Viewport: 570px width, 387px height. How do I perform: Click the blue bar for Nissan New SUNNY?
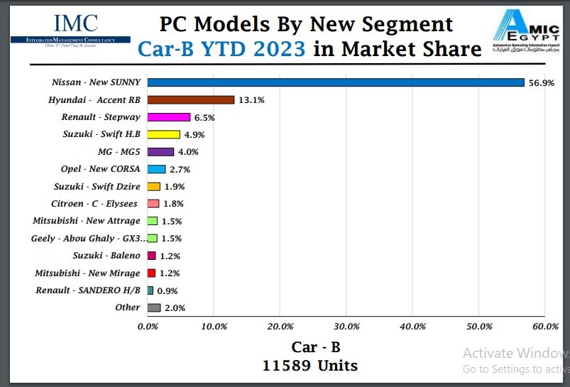(x=335, y=82)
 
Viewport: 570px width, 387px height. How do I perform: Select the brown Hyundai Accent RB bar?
(x=190, y=100)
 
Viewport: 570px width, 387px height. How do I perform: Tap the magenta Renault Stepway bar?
(x=169, y=117)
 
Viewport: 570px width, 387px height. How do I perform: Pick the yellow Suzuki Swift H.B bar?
(x=163, y=134)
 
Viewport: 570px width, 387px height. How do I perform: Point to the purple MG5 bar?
(x=160, y=152)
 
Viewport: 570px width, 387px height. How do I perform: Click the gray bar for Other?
(x=154, y=307)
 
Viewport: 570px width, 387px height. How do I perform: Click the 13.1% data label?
(x=251, y=100)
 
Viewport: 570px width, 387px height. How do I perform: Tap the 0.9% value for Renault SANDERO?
(x=168, y=290)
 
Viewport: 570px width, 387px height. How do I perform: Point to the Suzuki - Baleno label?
(x=106, y=256)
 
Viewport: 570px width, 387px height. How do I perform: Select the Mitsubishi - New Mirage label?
(x=87, y=273)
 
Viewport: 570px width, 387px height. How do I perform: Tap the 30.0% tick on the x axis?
(x=346, y=327)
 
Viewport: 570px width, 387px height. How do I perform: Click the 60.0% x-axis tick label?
(x=544, y=327)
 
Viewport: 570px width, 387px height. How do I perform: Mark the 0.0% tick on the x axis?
(x=148, y=327)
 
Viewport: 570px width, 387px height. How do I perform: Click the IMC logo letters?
(x=71, y=24)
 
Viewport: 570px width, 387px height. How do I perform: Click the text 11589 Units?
(x=309, y=366)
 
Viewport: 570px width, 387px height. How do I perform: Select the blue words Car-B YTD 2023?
(x=221, y=49)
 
